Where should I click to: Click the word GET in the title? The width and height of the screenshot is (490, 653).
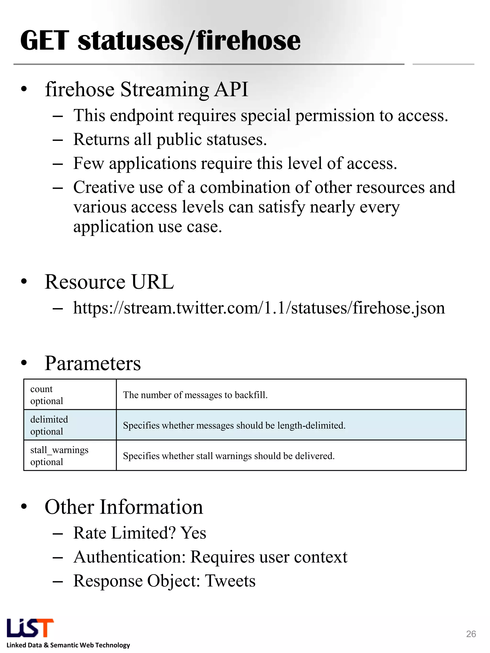tap(45, 41)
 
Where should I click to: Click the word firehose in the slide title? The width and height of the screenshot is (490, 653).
tap(248, 41)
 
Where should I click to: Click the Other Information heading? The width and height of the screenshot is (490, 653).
tap(124, 507)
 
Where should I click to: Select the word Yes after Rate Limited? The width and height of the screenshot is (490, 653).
tap(194, 533)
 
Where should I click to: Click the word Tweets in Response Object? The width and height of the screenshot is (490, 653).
tap(230, 581)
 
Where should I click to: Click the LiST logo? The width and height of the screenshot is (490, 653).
tap(30, 628)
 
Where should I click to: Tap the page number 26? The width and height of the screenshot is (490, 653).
tap(471, 634)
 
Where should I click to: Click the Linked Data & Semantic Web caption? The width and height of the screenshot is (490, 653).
tap(68, 645)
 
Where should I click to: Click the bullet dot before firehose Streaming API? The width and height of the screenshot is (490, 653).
tap(24, 89)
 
